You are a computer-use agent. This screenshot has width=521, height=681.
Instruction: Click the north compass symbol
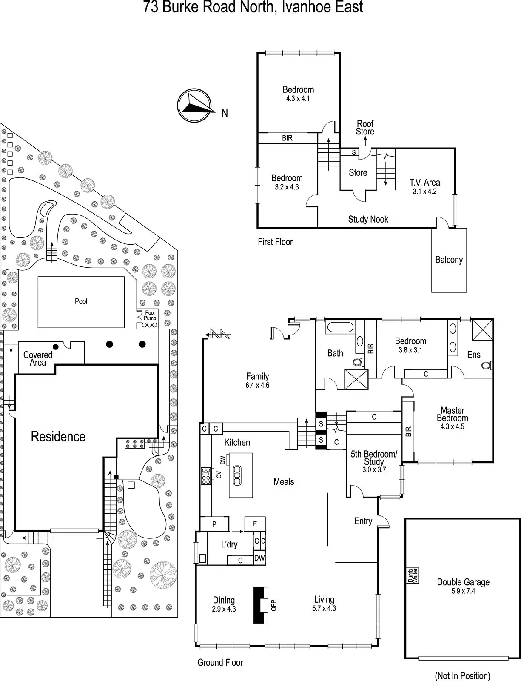tap(194, 104)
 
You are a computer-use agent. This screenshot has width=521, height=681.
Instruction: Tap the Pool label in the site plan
tap(81, 301)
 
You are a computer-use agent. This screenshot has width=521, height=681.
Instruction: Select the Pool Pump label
tap(150, 315)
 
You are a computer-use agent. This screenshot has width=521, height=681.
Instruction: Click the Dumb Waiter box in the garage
tap(413, 575)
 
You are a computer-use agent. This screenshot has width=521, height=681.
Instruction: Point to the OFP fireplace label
tap(274, 605)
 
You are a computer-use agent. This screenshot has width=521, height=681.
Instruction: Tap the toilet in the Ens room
tap(487, 365)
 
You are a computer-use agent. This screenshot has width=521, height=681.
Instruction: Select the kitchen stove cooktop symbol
tap(206, 476)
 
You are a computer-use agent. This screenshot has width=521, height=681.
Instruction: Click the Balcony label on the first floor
tap(449, 260)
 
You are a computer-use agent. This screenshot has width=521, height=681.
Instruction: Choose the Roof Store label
tap(365, 128)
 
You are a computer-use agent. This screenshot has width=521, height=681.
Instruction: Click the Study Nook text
tap(368, 219)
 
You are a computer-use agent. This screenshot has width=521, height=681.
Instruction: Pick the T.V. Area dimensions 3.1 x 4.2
tap(424, 192)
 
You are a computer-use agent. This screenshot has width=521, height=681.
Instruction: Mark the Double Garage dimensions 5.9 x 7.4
tap(463, 591)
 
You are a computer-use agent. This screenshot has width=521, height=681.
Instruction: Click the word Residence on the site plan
tap(58, 436)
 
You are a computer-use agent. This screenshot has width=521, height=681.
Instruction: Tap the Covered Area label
tap(38, 358)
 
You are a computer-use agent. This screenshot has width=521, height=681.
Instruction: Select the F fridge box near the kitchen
tap(255, 524)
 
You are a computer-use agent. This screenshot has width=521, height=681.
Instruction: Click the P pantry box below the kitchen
tap(214, 524)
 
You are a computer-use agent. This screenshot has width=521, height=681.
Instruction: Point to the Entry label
tap(363, 521)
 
